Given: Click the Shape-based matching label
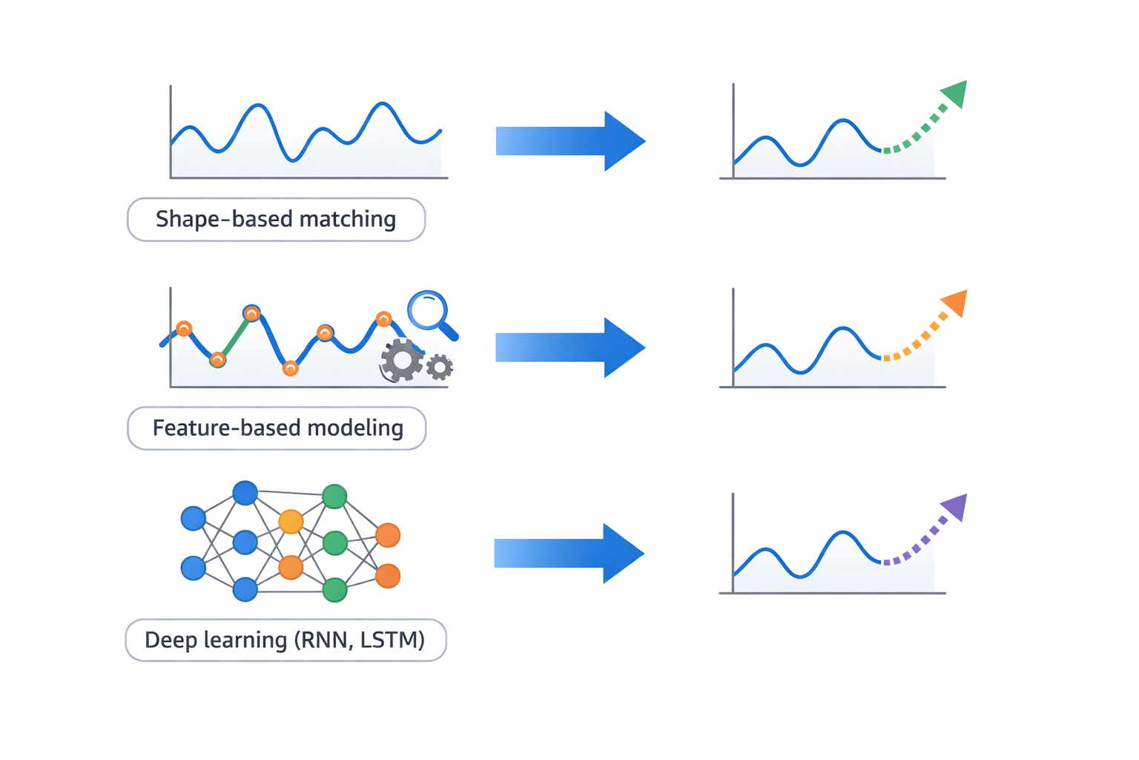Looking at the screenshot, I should [x=276, y=220].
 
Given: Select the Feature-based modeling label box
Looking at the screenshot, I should [x=277, y=428].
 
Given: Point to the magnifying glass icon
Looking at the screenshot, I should [x=429, y=310].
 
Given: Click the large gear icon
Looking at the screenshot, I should [x=402, y=361].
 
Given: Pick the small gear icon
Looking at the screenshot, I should [x=440, y=367].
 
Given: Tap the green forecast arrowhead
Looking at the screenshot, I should [x=955, y=94].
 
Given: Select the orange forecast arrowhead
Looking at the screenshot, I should [x=955, y=303].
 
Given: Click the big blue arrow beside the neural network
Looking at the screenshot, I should [x=569, y=553].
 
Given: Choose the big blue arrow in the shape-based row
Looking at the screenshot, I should [x=570, y=141].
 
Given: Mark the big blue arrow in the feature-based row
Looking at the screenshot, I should [x=570, y=347].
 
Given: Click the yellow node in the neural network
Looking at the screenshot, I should [x=291, y=522].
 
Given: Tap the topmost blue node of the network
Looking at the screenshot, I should [x=245, y=493].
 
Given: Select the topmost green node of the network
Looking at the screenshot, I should [x=334, y=496].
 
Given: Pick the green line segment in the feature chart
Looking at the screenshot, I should [x=234, y=338].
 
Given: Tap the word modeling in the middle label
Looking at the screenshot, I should [x=355, y=428].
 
